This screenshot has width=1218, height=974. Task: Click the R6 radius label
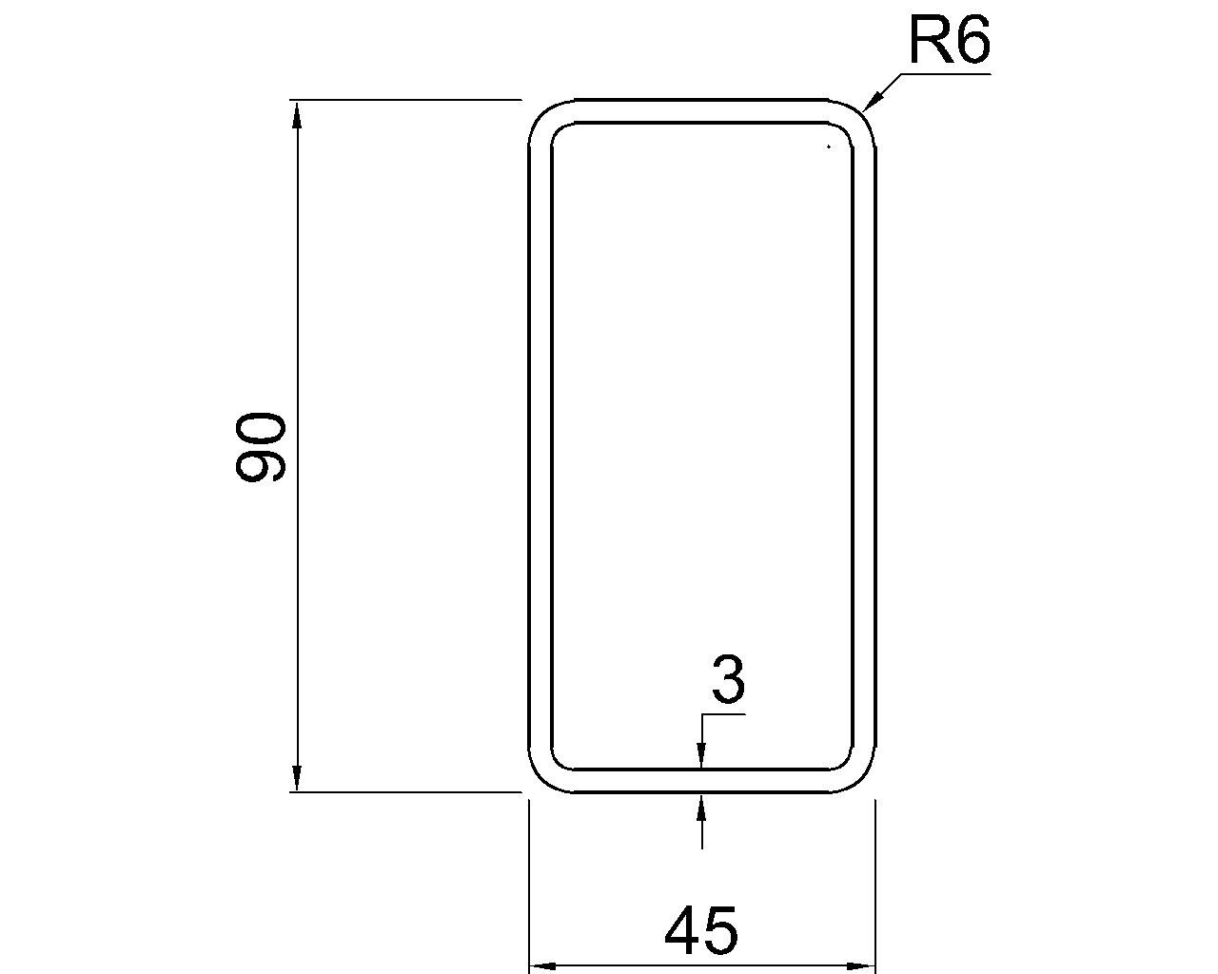coord(949,40)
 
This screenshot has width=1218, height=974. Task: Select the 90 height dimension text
coord(260,447)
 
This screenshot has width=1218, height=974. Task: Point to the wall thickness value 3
coord(729,678)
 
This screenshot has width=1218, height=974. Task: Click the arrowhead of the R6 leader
coord(871,101)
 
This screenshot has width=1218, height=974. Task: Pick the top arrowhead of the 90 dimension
coord(297,115)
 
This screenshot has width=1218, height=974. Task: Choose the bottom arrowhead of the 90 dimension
coord(297,776)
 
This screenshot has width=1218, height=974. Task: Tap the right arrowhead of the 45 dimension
coord(860,966)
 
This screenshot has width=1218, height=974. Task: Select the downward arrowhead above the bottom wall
coord(702,754)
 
